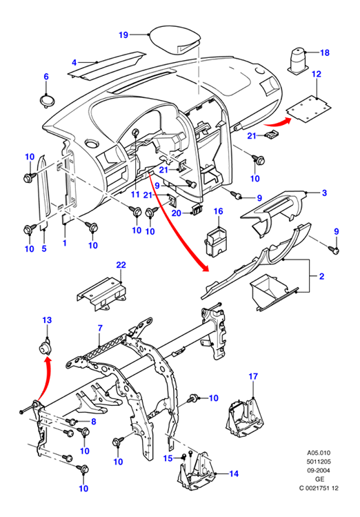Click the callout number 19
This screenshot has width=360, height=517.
[x=123, y=35]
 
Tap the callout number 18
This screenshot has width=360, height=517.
[x=324, y=52]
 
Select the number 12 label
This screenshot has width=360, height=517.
[x=316, y=74]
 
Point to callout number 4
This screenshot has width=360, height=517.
[x=74, y=63]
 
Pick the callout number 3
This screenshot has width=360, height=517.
[x=324, y=193]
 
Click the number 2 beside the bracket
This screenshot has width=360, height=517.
[x=322, y=276]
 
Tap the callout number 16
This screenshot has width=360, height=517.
[x=219, y=211]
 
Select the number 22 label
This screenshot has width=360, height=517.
[x=121, y=265]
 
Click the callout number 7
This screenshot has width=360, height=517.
[x=100, y=328]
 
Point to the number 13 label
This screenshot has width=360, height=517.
[x=47, y=320]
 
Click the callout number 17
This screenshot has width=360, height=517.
[x=253, y=376]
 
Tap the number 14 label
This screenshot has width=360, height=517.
[x=234, y=474]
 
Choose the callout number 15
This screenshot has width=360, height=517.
[x=168, y=458]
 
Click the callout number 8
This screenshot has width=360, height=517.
[x=94, y=421]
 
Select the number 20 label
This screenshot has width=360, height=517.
[x=177, y=213]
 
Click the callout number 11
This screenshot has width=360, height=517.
[x=135, y=194]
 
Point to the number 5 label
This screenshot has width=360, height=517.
[x=44, y=248]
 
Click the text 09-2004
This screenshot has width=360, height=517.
[x=319, y=471]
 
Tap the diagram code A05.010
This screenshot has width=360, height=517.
[x=319, y=453]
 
